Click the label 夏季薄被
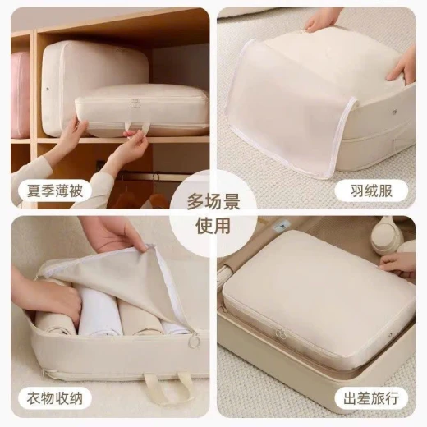point(55,191)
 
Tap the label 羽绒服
point(371,191)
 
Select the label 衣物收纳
point(55,398)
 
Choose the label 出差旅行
point(371,398)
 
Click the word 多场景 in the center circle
point(213,202)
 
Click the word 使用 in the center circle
point(213,226)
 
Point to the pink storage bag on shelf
point(21,94)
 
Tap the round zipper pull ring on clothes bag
point(195,342)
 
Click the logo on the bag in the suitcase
point(280,333)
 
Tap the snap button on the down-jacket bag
point(395,112)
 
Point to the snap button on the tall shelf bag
point(48,89)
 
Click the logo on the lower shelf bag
point(134,103)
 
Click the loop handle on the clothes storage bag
point(167,386)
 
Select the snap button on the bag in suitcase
point(390,334)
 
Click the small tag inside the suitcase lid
point(280,226)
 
